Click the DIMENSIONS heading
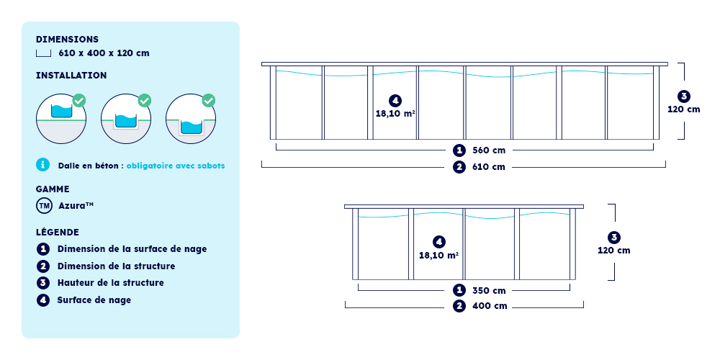(x=67, y=40)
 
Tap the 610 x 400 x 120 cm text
(x=104, y=53)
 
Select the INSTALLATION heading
(x=71, y=75)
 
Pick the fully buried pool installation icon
(x=191, y=118)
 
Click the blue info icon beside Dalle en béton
(x=42, y=165)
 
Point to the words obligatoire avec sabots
(x=176, y=166)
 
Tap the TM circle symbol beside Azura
(x=44, y=206)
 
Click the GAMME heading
(x=53, y=189)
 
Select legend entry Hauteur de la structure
(x=110, y=283)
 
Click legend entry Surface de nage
(x=94, y=300)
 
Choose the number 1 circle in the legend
(x=42, y=249)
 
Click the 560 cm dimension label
(x=488, y=150)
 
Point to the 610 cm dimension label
(x=488, y=167)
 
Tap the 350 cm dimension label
(x=489, y=290)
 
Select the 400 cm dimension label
(x=490, y=306)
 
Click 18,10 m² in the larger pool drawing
(x=395, y=113)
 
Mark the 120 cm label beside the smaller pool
(x=613, y=251)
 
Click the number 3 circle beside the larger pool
(x=683, y=96)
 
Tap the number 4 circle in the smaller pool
(x=438, y=241)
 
